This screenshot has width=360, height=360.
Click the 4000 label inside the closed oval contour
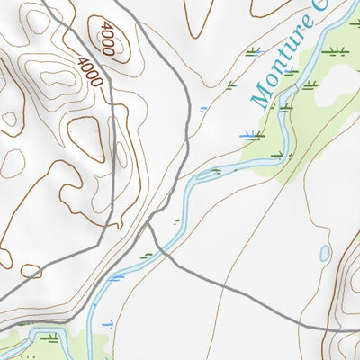point(108,40)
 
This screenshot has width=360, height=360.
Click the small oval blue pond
point(325,254)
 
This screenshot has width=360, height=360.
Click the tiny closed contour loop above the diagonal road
point(31,270)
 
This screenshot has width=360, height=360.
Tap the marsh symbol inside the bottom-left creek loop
point(49,338)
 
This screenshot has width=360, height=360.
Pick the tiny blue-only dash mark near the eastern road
point(203,108)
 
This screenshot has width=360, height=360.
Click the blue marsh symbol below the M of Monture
point(250,136)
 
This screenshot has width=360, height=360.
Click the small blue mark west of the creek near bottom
point(107,321)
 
